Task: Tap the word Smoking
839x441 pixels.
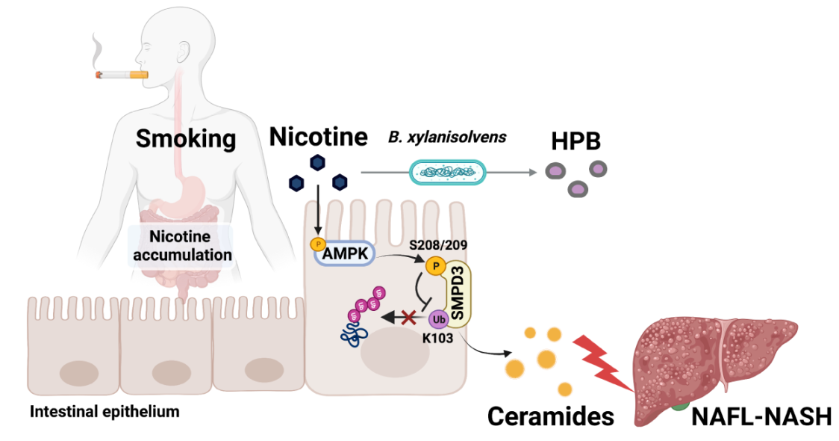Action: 186,138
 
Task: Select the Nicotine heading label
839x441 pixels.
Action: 319,136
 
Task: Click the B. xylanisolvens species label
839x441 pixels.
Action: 447,138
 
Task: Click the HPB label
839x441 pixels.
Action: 576,141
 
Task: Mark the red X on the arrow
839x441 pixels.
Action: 409,318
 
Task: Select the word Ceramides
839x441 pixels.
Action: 551,416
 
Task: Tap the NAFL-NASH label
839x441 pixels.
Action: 761,416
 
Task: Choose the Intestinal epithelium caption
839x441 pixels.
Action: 105,411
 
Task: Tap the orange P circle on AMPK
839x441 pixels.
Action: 317,244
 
